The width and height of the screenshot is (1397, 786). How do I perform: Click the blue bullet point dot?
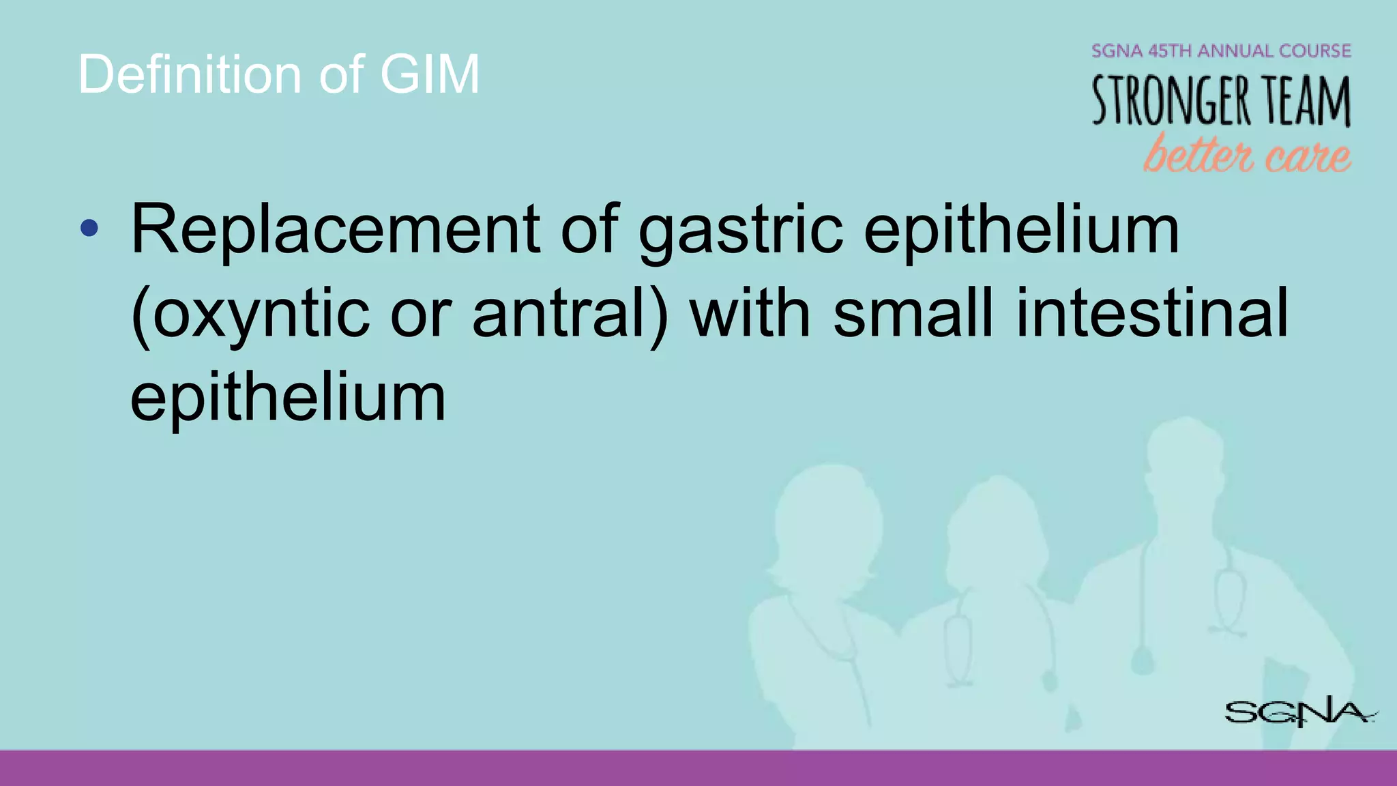click(89, 228)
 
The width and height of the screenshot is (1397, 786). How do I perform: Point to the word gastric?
click(740, 232)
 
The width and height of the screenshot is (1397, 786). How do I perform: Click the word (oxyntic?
click(250, 314)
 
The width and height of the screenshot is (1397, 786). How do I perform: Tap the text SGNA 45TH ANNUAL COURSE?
click(1221, 51)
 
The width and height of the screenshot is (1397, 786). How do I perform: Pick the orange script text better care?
click(1247, 154)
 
